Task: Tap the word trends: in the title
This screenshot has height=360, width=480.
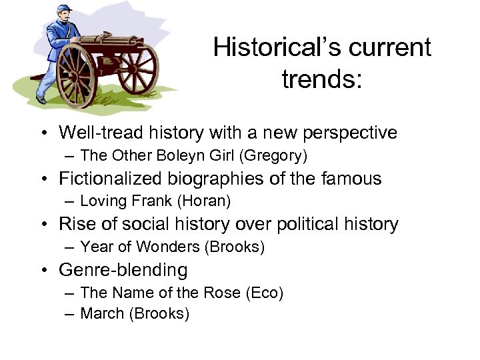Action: tap(322, 79)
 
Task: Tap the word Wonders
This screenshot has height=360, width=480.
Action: tap(168, 247)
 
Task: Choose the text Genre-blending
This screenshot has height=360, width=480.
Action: tap(123, 270)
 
